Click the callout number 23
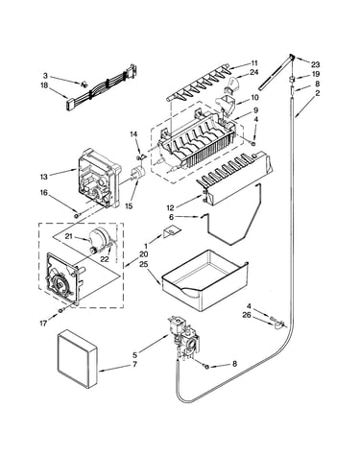(x=315, y=64)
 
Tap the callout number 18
(x=44, y=85)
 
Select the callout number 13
(x=44, y=177)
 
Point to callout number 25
(x=143, y=264)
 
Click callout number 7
(x=134, y=364)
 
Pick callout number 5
(x=134, y=354)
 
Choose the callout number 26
(x=247, y=315)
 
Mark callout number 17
(x=43, y=324)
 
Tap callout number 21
(x=69, y=236)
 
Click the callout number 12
(x=171, y=207)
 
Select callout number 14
(x=133, y=134)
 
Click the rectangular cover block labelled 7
(x=77, y=358)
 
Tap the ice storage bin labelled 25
(x=204, y=281)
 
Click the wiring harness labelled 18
(x=102, y=87)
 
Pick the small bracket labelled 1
(x=172, y=231)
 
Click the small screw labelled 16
(x=77, y=215)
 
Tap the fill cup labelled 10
(x=227, y=105)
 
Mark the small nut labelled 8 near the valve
(x=206, y=367)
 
